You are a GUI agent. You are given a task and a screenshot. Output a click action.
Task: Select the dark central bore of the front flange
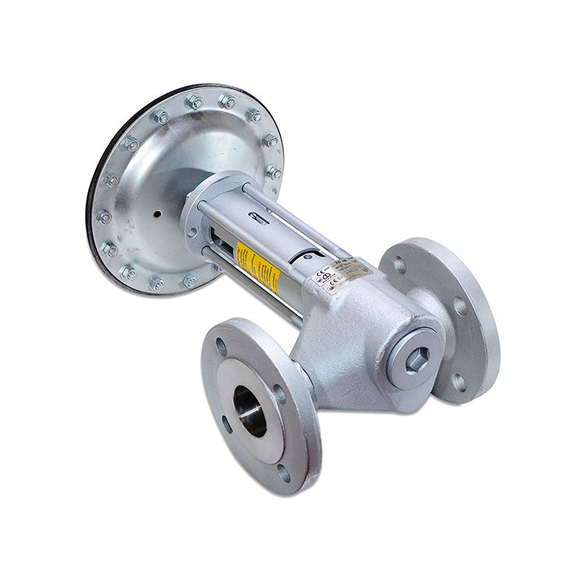pyautogui.click(x=250, y=411)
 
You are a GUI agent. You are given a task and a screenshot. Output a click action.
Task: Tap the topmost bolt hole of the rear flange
pyautogui.click(x=399, y=265)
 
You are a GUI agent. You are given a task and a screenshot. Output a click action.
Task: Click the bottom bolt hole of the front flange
pyautogui.click(x=284, y=472)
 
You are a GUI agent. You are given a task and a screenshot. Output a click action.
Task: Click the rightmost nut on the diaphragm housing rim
pyautogui.click(x=274, y=172)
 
